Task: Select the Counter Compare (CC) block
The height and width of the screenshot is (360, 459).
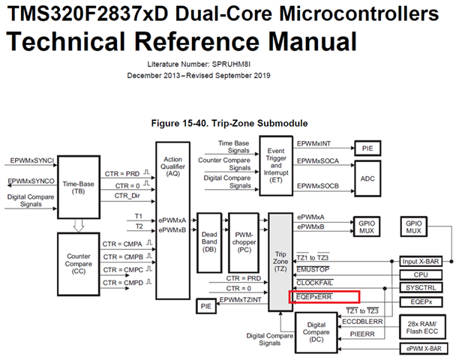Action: [78, 260]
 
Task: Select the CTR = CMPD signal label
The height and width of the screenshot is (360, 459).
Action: [121, 283]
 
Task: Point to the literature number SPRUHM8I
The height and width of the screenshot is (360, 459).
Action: [250, 64]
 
